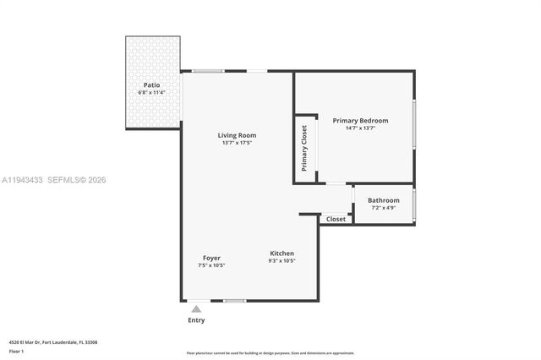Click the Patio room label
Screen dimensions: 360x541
151,85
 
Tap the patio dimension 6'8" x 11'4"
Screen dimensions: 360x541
151,92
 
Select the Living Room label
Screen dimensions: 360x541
237,135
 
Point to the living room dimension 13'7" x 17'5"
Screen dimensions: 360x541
237,143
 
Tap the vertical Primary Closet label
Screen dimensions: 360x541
304,147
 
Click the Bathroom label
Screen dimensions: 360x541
383,200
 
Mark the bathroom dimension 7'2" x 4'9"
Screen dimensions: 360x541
383,208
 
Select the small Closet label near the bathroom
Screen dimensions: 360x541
336,219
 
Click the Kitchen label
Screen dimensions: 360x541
281,254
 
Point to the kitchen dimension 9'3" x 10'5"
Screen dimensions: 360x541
281,261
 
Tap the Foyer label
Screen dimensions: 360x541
211,258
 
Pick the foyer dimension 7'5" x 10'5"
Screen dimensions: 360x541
211,265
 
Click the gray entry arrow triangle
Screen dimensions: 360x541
196,309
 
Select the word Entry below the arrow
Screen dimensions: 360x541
196,320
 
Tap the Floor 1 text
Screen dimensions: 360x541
16,351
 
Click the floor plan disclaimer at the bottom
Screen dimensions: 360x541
270,352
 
